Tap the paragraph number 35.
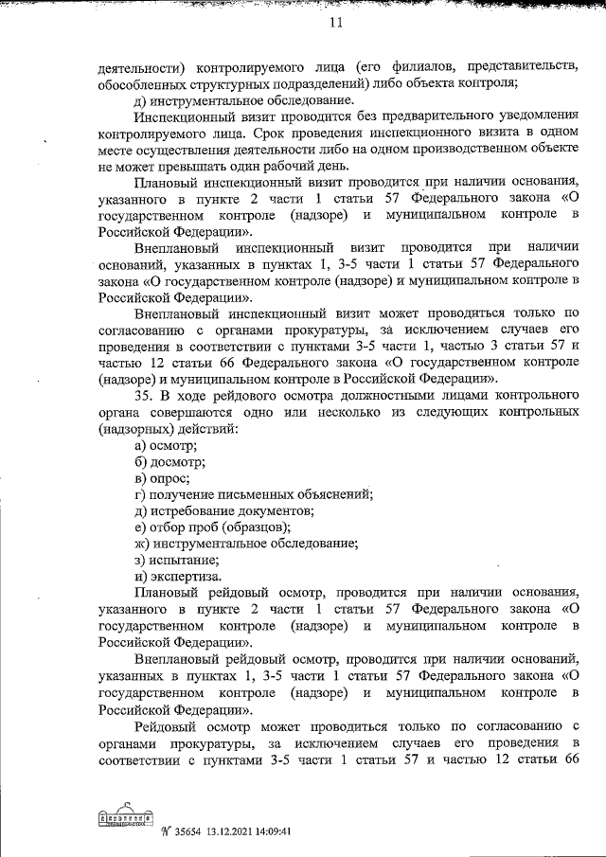click(x=144, y=395)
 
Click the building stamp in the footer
click(x=126, y=818)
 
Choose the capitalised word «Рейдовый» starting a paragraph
click(x=169, y=724)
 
